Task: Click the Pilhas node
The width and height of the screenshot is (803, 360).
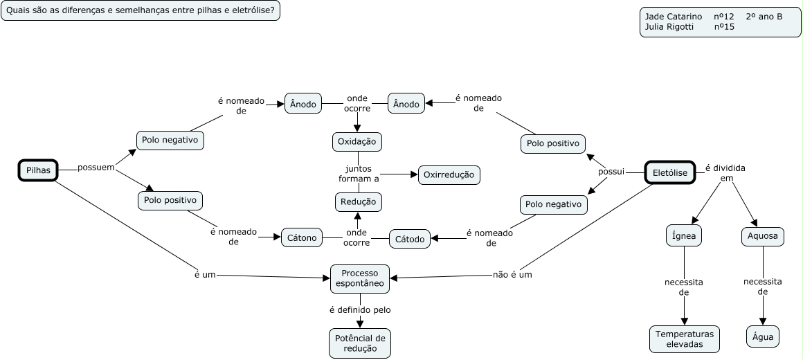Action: coord(38,170)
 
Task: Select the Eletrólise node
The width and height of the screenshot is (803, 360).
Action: coord(669,173)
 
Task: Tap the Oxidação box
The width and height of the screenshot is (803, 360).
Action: coord(357,141)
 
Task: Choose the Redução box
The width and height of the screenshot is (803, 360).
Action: coord(358,201)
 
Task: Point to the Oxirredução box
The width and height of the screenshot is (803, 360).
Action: coord(449,175)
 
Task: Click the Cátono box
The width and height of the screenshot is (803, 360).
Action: coord(301,238)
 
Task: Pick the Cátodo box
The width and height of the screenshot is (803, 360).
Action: coord(410,239)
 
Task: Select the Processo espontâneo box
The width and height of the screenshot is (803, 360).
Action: coord(360,278)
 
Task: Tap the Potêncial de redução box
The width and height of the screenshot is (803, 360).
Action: coord(360,343)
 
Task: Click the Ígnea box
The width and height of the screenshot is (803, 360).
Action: coord(684,236)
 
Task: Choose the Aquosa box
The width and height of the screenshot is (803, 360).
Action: coord(762,236)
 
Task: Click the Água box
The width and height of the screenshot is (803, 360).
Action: coord(763,337)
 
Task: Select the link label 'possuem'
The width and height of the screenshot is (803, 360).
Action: coord(96,168)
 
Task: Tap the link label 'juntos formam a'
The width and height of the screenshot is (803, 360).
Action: coord(359,173)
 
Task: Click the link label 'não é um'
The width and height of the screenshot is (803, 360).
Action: coord(512,274)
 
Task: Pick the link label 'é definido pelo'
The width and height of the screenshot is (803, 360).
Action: coord(360,309)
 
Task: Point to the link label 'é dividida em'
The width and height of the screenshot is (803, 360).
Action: coord(726,173)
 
